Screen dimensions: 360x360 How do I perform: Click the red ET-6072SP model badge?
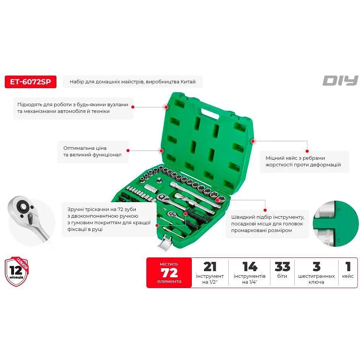[31, 82]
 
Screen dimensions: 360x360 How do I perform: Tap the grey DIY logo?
[340, 80]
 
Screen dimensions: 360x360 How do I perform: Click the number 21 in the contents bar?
[210, 267]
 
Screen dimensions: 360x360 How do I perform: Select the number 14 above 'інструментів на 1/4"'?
[250, 267]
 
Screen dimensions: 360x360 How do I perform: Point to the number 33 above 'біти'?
[283, 267]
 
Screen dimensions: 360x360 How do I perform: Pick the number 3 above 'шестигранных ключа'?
[316, 267]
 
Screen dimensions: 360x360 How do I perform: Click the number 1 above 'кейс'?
[348, 267]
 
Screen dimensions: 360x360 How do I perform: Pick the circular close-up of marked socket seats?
[336, 224]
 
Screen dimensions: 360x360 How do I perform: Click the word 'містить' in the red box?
[169, 264]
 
